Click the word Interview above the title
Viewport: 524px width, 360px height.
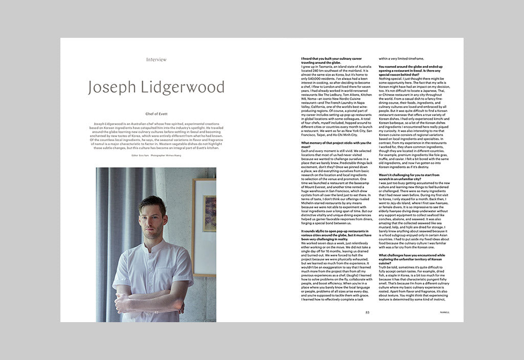click(x=156, y=60)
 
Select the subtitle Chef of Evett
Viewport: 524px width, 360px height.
click(x=156, y=114)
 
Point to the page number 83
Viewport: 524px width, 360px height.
click(x=367, y=312)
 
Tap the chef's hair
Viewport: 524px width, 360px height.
click(x=152, y=204)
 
